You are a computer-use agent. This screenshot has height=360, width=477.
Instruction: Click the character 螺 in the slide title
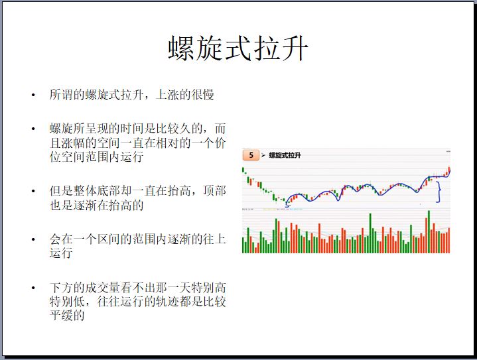(x=181, y=48)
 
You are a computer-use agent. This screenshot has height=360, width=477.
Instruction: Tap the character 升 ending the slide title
(x=294, y=48)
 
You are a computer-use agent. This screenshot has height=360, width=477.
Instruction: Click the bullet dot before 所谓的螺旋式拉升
(x=33, y=95)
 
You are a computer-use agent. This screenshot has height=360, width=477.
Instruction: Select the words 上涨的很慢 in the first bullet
(x=184, y=95)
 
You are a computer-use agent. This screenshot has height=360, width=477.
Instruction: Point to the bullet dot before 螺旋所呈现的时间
(x=33, y=129)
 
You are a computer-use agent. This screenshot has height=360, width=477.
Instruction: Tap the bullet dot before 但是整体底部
(x=33, y=191)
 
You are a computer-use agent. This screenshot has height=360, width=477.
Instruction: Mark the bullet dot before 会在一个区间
(x=33, y=239)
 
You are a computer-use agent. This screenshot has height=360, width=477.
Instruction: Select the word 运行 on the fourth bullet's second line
(x=61, y=253)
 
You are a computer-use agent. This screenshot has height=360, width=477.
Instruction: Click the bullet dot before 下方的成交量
(x=33, y=288)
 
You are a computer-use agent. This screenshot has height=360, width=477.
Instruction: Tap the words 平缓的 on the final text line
(x=67, y=316)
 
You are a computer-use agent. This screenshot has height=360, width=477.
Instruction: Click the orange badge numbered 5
(x=251, y=155)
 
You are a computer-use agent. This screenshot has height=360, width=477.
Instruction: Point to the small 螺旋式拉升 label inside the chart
(x=285, y=155)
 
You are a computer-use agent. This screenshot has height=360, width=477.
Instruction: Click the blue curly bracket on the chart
(x=439, y=192)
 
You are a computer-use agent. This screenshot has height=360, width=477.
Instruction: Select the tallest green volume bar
(x=429, y=231)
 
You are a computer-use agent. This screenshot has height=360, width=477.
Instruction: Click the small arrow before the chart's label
(x=263, y=156)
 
